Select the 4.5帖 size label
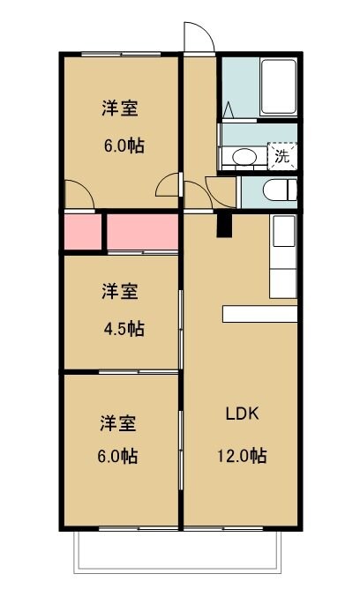click(123, 329)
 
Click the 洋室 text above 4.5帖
click(118, 291)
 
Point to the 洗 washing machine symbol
click(281, 157)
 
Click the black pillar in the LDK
click(224, 226)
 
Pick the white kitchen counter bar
click(260, 314)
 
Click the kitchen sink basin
click(283, 232)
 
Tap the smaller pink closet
click(82, 233)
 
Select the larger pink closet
click(143, 233)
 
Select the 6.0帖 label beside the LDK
click(117, 456)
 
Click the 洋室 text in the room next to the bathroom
click(119, 108)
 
